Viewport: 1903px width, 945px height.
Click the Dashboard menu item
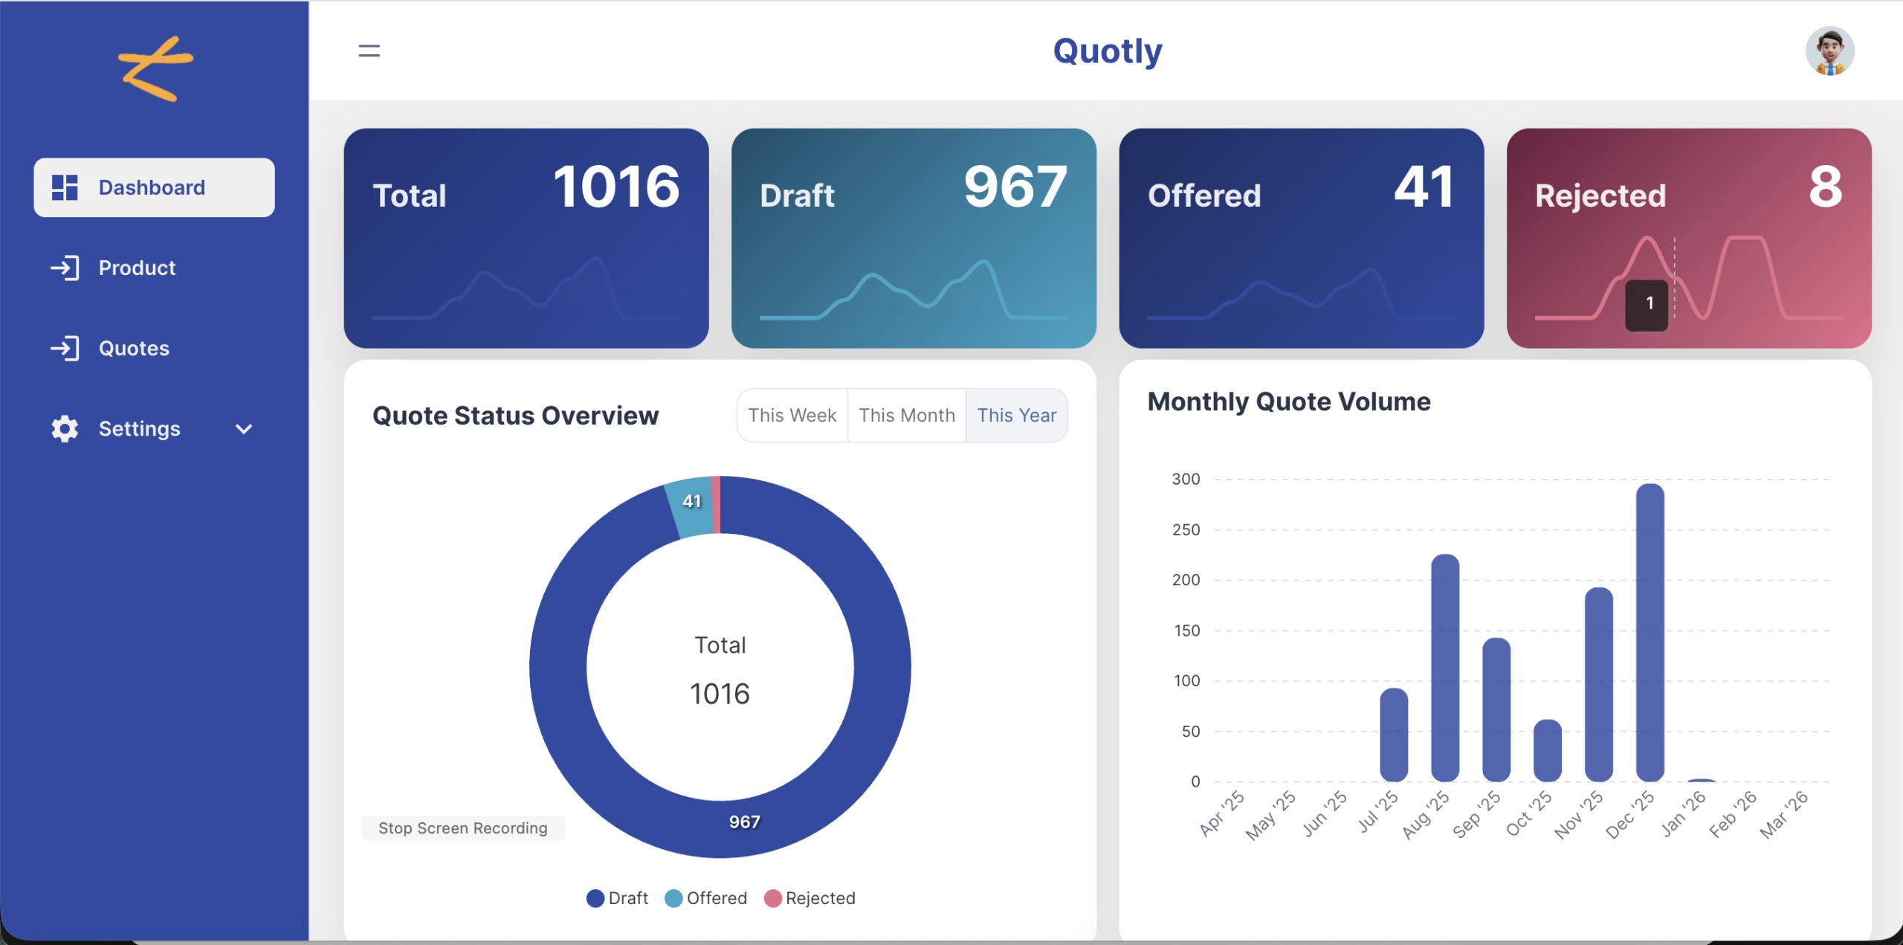point(153,187)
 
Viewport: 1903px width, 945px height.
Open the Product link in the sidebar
point(137,268)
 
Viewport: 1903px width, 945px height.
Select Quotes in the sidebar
point(134,348)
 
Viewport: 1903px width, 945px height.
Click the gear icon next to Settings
point(65,429)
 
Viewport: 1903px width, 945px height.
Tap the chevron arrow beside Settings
point(244,429)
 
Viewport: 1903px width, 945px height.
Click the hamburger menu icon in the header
point(369,51)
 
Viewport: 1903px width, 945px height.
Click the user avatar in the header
point(1829,51)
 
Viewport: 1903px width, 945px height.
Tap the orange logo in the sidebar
point(155,68)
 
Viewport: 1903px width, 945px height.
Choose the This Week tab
point(792,415)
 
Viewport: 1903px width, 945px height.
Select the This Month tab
point(906,415)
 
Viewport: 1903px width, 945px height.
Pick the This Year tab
point(1016,415)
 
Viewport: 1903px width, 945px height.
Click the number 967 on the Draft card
point(1015,187)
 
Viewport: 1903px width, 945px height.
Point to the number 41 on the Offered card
point(1424,187)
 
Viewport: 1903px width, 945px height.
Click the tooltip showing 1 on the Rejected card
point(1647,304)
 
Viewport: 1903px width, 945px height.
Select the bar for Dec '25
point(1650,632)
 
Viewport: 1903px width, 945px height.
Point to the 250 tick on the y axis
point(1186,530)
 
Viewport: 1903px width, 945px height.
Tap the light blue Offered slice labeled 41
point(690,506)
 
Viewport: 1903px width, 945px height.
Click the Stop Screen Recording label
point(462,828)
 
